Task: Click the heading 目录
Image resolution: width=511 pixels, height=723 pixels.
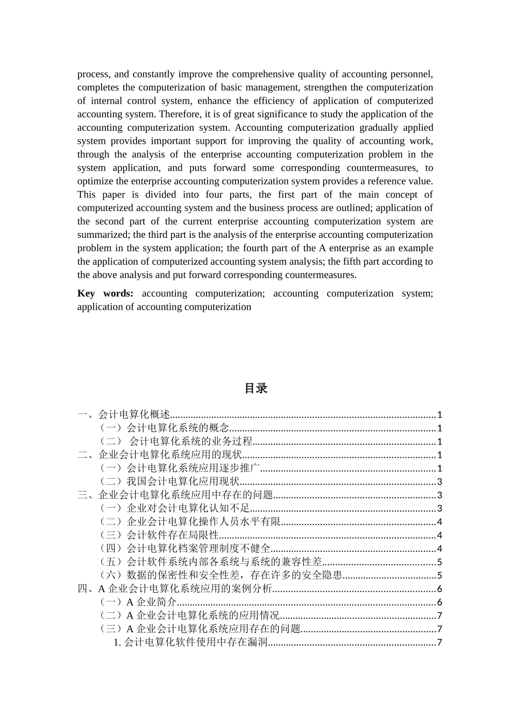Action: pyautogui.click(x=256, y=388)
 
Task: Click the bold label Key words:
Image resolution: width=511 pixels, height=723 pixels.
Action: pyautogui.click(x=105, y=293)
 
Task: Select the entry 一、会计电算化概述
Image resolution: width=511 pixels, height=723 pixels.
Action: pyautogui.click(x=124, y=415)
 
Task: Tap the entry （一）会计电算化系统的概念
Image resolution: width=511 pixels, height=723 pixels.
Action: pyautogui.click(x=164, y=428)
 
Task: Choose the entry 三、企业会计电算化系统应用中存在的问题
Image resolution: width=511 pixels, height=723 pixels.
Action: pyautogui.click(x=175, y=495)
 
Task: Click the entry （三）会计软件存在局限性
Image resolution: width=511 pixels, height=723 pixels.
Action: pyautogui.click(x=159, y=535)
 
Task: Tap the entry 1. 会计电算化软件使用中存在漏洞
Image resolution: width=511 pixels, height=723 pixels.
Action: pyautogui.click(x=190, y=642)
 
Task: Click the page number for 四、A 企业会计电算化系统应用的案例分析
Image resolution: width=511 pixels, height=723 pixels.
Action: pyautogui.click(x=439, y=589)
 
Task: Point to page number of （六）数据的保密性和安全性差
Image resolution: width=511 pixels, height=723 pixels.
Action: pyautogui.click(x=439, y=576)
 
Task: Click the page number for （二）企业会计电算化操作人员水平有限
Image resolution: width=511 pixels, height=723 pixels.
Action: pyautogui.click(x=439, y=522)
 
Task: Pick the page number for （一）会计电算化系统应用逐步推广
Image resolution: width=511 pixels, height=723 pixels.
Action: pyautogui.click(x=439, y=469)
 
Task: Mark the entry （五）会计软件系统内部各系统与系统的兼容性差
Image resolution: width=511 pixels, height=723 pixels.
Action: pyautogui.click(x=211, y=562)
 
